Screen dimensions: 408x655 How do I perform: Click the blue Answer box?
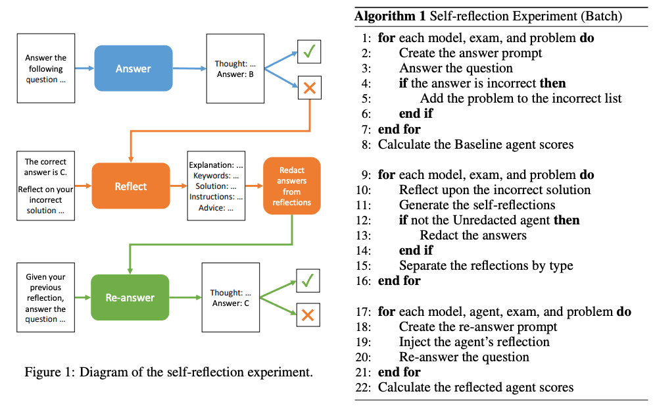tap(133, 68)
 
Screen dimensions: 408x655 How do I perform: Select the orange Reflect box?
tap(131, 186)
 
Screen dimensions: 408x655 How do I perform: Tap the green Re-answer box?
tap(130, 297)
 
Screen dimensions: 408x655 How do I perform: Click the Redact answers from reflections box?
tap(292, 186)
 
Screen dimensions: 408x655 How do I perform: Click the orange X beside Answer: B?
tap(309, 88)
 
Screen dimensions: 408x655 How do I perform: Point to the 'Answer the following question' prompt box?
tap(46, 68)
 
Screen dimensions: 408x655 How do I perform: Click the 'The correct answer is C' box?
tap(46, 186)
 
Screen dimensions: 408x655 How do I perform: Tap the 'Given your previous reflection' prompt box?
tap(46, 297)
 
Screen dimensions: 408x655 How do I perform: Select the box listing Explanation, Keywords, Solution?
tap(216, 186)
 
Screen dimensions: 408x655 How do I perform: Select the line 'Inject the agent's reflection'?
tap(473, 342)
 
